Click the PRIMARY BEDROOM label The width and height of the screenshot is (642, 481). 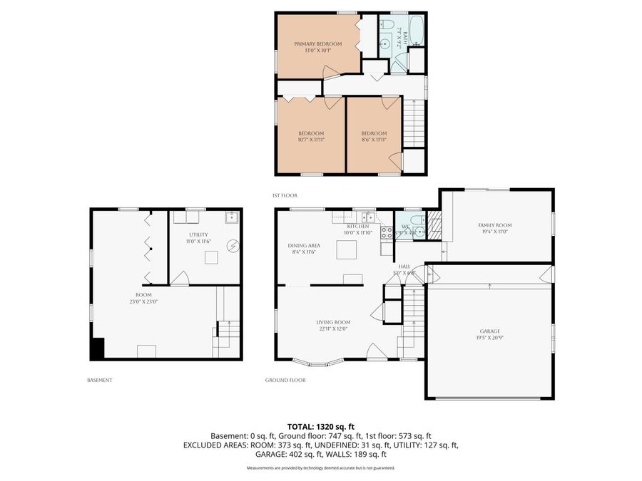tap(318, 43)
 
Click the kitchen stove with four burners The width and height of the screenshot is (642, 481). tap(387, 232)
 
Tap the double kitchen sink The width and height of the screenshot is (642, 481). tap(367, 216)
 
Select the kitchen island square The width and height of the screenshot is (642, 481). tap(347, 249)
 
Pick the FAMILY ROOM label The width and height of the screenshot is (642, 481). tap(494, 225)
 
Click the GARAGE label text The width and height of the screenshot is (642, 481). tap(489, 331)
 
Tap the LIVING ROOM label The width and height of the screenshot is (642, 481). tap(334, 322)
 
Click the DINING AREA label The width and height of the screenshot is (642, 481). tap(304, 245)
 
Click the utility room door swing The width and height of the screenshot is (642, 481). tap(180, 279)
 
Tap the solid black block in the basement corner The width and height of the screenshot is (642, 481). tap(97, 348)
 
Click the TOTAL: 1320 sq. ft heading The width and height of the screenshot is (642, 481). tap(320, 425)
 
